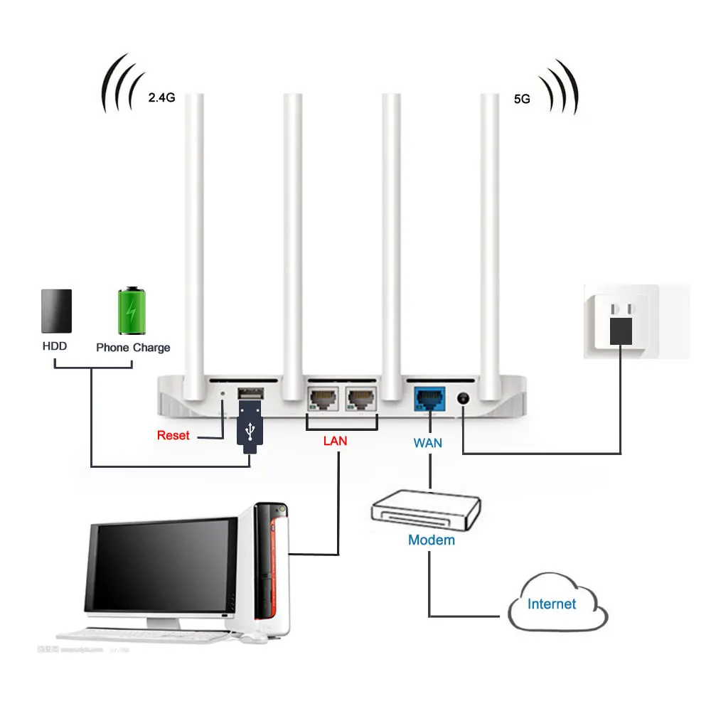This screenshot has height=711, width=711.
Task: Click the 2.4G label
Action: (x=161, y=99)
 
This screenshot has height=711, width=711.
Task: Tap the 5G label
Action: (x=522, y=100)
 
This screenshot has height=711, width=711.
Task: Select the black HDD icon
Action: (x=57, y=311)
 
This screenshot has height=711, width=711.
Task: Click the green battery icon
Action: (x=133, y=311)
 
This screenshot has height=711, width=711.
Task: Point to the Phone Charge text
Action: (x=133, y=348)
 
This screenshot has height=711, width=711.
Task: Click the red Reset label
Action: (x=173, y=435)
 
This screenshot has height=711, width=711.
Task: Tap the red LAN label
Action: (x=335, y=441)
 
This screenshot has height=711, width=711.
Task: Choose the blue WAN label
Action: (x=428, y=443)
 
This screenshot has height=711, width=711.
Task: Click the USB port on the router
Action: (x=250, y=393)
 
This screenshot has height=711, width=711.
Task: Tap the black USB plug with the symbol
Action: (x=250, y=428)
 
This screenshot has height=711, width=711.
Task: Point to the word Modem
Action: (x=431, y=540)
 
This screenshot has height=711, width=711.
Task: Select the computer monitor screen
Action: (x=161, y=566)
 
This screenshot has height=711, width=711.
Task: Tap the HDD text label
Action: (x=55, y=347)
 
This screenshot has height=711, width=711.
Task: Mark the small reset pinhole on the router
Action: (x=225, y=392)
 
